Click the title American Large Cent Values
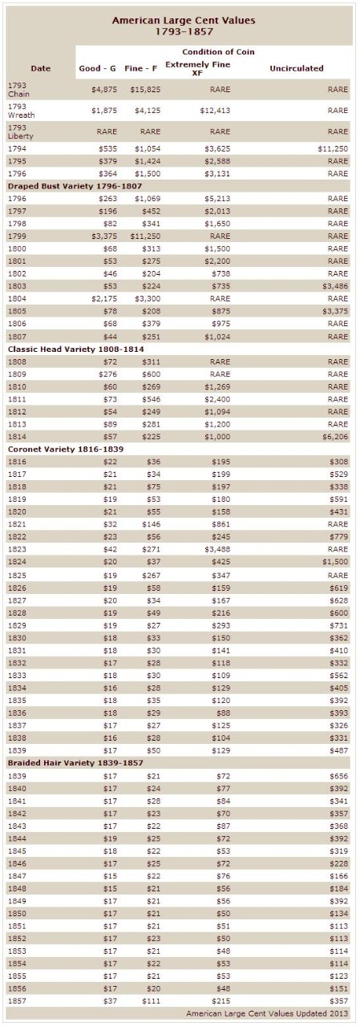pos(183,21)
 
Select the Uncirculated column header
pos(297,68)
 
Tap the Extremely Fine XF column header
pos(197,68)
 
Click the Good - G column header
pos(97,68)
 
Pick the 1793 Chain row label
pos(18,90)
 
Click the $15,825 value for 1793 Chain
pos(145,90)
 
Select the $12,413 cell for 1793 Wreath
pos(215,111)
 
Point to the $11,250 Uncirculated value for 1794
pos(333,148)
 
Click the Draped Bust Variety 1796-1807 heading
pos(75,186)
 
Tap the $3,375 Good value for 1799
pos(104,236)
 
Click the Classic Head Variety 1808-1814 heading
pos(75,349)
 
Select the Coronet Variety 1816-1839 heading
pos(66,449)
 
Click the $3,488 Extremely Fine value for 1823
pos(217,549)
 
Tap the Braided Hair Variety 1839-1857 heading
pos(75,762)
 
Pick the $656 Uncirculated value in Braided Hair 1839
pos(339,776)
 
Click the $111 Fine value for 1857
pos(152,1001)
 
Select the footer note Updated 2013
pos(267,1014)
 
